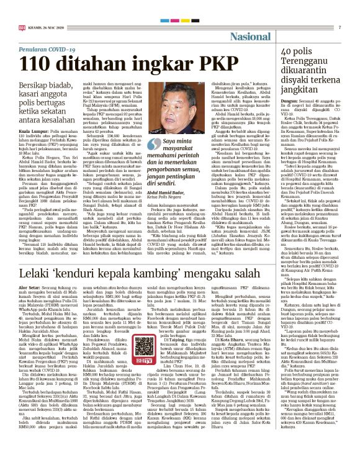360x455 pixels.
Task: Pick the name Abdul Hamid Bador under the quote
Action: point(163,210)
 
